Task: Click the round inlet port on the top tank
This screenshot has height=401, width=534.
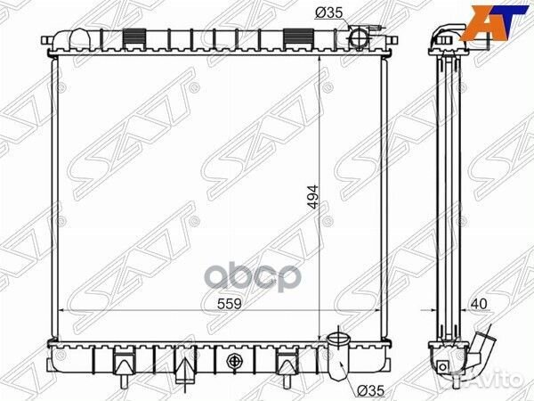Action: coord(359,39)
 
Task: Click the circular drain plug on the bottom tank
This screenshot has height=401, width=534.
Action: coord(235,362)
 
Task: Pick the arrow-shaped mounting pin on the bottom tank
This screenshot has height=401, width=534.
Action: coord(181,364)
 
